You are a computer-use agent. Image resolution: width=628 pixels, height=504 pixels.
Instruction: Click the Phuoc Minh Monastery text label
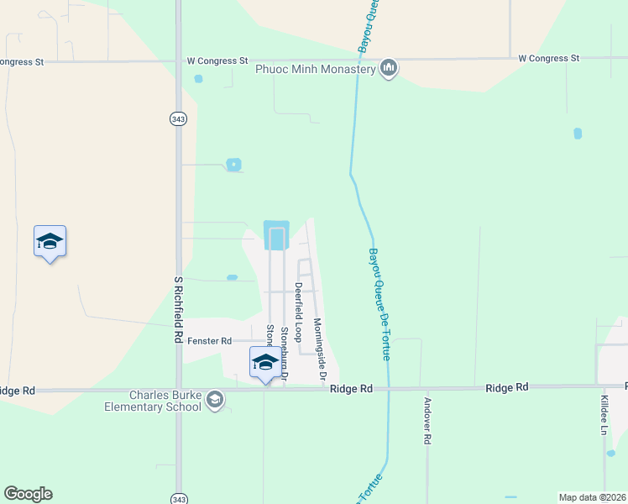(316, 70)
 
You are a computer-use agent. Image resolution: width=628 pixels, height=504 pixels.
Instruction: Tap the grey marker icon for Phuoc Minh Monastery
(388, 68)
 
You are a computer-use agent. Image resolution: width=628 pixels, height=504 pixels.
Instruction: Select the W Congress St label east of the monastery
(549, 59)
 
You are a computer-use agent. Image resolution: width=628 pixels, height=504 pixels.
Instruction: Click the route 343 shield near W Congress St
(177, 119)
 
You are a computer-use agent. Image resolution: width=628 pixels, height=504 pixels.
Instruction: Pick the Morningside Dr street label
(320, 349)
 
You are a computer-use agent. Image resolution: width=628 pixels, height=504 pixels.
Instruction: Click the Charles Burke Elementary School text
(165, 401)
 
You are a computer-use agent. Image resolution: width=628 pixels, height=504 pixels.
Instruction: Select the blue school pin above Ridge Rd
(265, 362)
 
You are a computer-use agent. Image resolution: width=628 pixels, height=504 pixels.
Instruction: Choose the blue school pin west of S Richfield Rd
(50, 242)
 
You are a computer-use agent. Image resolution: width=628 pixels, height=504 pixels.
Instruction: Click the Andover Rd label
(427, 421)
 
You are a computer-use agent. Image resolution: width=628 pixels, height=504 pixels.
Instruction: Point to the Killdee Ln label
(604, 415)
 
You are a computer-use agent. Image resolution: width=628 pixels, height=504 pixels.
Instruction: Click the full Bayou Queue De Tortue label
(380, 304)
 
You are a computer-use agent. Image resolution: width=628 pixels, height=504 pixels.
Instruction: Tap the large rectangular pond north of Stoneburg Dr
(276, 234)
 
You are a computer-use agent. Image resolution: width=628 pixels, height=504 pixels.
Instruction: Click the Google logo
(28, 494)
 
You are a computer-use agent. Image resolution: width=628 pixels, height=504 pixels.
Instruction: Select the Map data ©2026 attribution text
(593, 497)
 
